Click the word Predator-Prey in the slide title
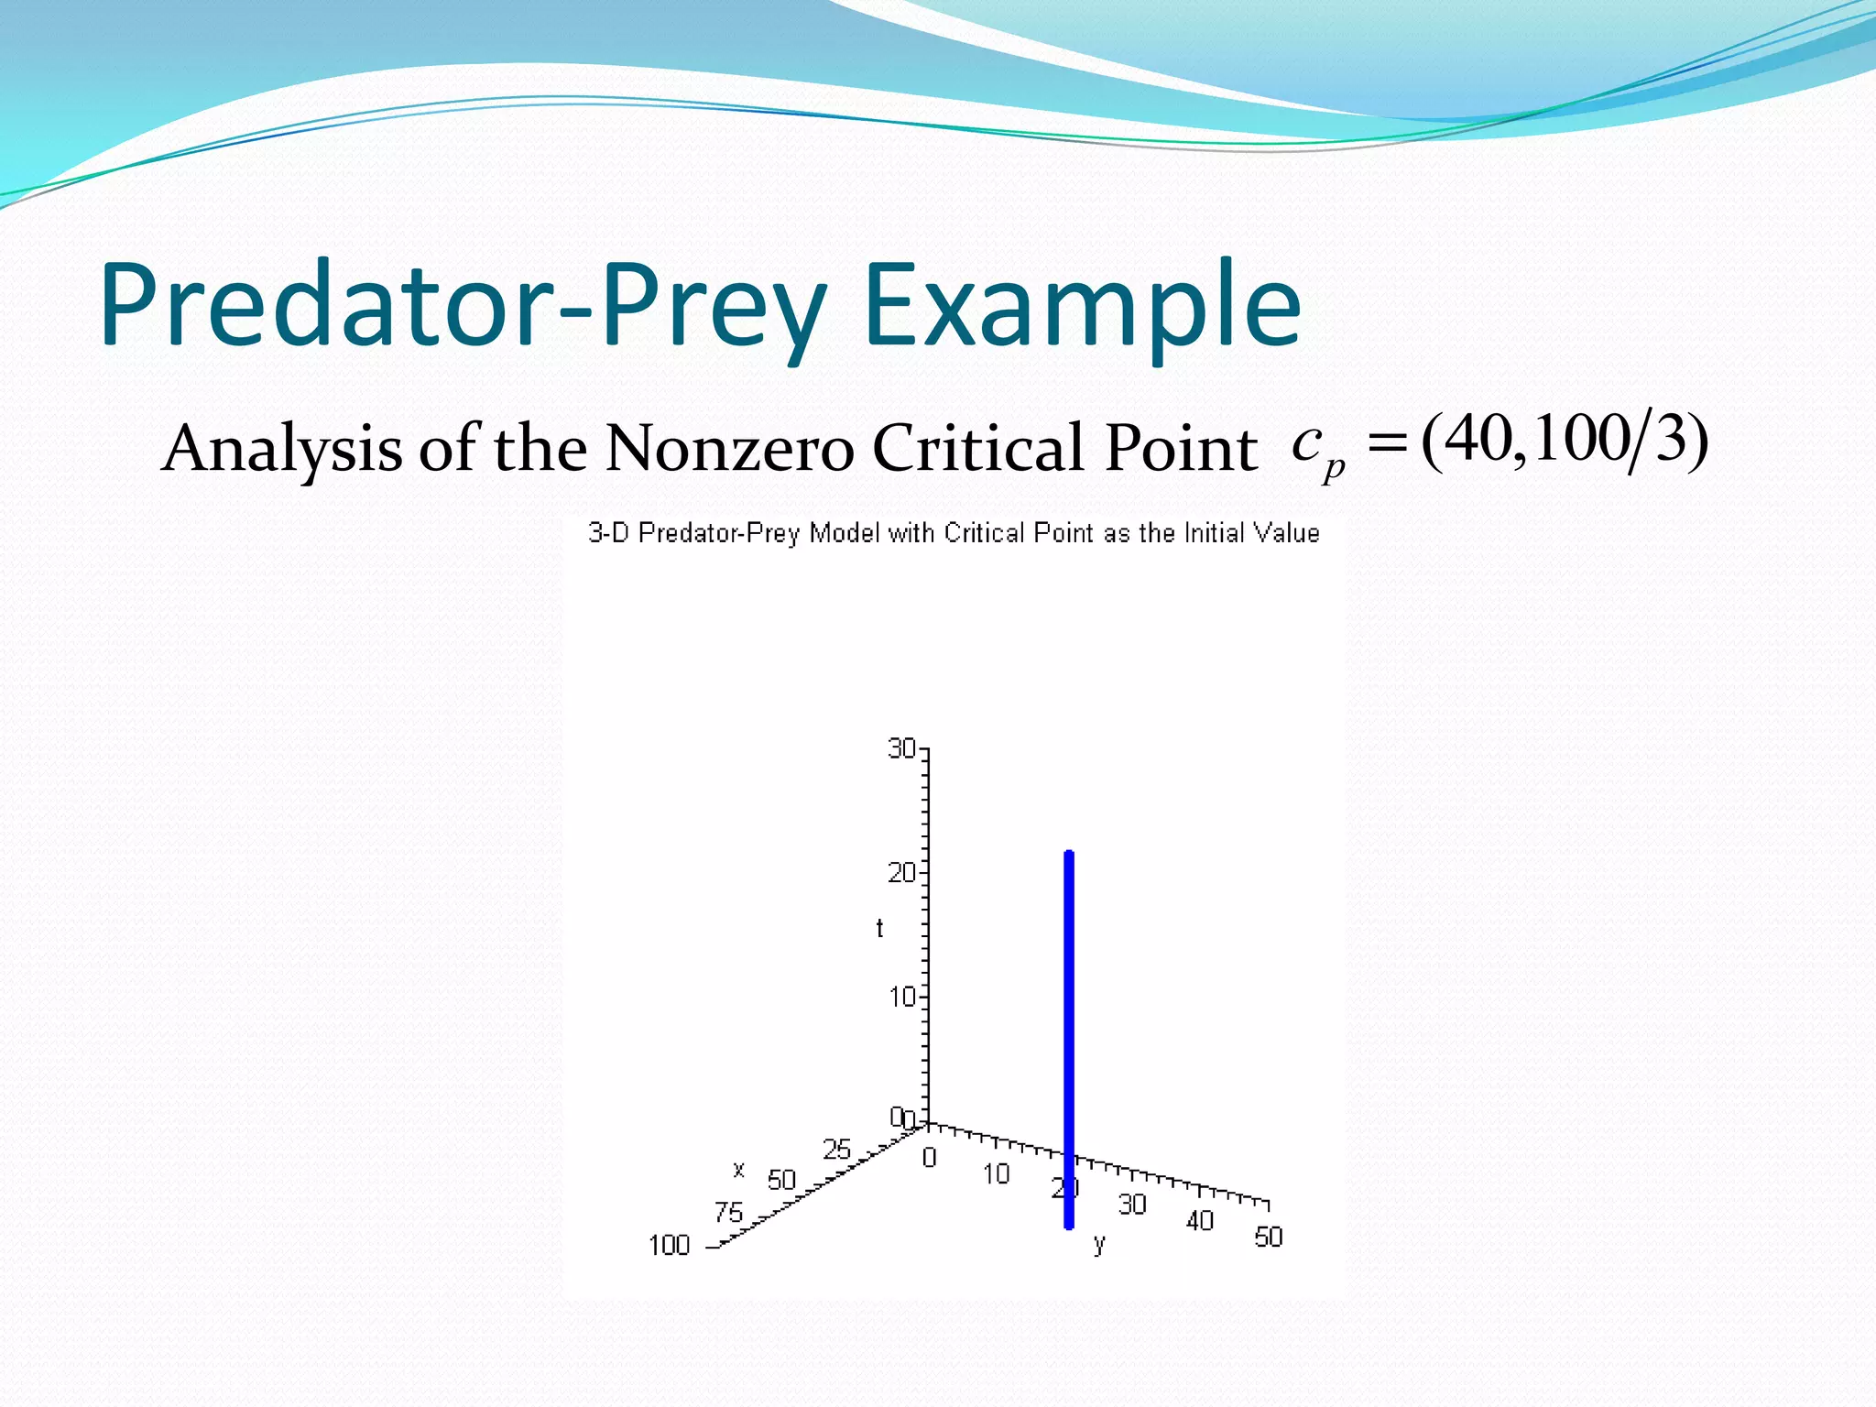(463, 307)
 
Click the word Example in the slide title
(1081, 307)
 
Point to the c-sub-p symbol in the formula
(1316, 449)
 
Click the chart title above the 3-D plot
(953, 533)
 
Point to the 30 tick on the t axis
(902, 749)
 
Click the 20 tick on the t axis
(902, 873)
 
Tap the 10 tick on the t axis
(902, 997)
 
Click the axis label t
(879, 929)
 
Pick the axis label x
(738, 1169)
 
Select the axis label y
(1099, 1244)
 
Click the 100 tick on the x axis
(669, 1246)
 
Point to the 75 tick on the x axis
(728, 1213)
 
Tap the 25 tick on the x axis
(836, 1149)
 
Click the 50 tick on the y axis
(1268, 1238)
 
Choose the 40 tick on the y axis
(1199, 1221)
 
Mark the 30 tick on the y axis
(1132, 1205)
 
